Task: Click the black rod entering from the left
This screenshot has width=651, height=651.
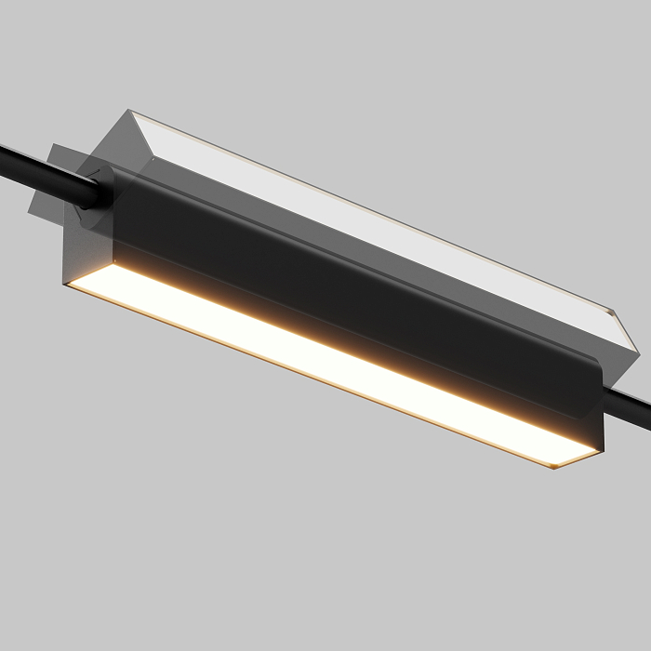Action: (x=37, y=167)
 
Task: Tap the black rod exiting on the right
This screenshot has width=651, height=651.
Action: (x=632, y=406)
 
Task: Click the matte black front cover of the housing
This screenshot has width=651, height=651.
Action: (x=353, y=288)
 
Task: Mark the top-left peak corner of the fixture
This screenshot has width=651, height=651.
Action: (x=131, y=113)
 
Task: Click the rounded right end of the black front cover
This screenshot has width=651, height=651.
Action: (x=595, y=409)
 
